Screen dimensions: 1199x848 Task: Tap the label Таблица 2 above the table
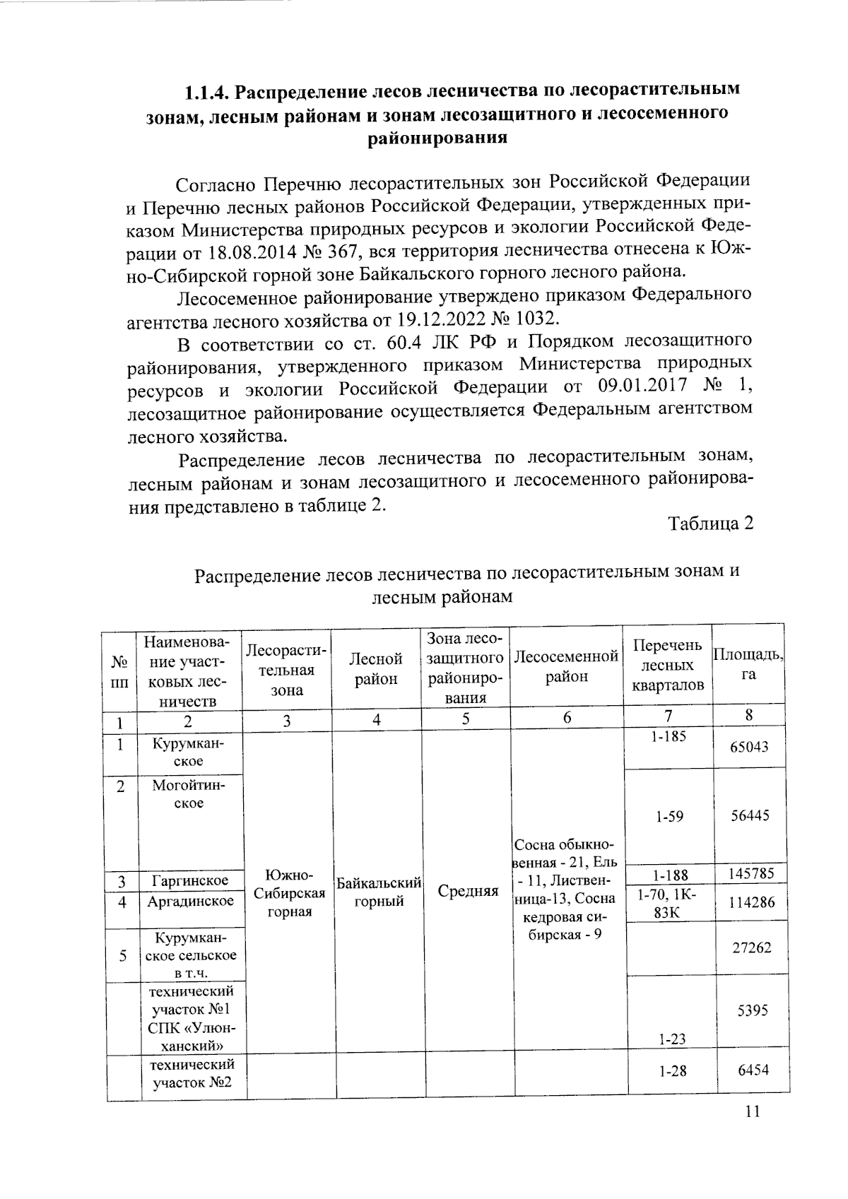tap(711, 524)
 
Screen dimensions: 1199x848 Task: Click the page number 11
tap(752, 1111)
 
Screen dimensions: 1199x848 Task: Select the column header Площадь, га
tap(748, 665)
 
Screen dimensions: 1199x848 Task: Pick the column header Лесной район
tap(376, 669)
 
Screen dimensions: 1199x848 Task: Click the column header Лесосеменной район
tap(567, 666)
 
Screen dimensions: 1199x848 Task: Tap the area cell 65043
tap(749, 747)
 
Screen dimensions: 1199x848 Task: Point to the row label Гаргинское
tap(189, 881)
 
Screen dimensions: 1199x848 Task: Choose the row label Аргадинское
tap(190, 902)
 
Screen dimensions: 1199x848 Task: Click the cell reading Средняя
tap(468, 892)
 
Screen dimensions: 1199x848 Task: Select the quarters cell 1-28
tap(672, 1071)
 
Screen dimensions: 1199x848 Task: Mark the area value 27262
tap(750, 947)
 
